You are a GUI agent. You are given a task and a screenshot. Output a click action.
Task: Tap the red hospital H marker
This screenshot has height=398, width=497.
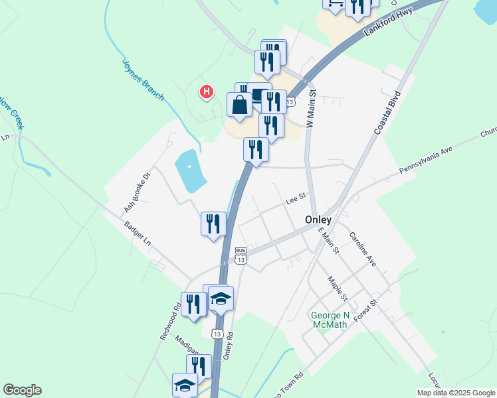pos(207,92)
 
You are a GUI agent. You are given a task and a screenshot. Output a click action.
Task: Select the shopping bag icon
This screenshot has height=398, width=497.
pos(239,105)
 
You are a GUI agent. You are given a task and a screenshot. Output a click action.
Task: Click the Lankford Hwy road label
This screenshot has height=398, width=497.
pos(389,21)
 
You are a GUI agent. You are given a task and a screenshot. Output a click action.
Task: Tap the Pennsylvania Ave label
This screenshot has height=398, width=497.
pos(425,161)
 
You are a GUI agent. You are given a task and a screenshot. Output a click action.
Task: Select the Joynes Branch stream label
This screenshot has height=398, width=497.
pos(143,80)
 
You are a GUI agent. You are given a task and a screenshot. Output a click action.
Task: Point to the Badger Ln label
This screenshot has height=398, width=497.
pos(138,234)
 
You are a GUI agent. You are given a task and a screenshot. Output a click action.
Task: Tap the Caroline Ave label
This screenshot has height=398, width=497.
pos(363,249)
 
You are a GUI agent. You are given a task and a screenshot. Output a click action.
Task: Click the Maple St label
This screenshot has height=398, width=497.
pos(338,287)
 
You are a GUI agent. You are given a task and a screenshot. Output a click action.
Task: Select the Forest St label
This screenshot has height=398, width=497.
pos(365,310)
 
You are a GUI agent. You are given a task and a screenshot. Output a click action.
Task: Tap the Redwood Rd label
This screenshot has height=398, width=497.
pos(170,322)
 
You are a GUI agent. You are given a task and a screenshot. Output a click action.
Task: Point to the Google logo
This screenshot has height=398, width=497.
pos(22,390)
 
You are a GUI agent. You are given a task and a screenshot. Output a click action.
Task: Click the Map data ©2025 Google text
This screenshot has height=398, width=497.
pos(455,393)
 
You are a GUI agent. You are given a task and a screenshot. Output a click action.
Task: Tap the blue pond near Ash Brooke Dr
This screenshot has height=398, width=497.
pos(189,170)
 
